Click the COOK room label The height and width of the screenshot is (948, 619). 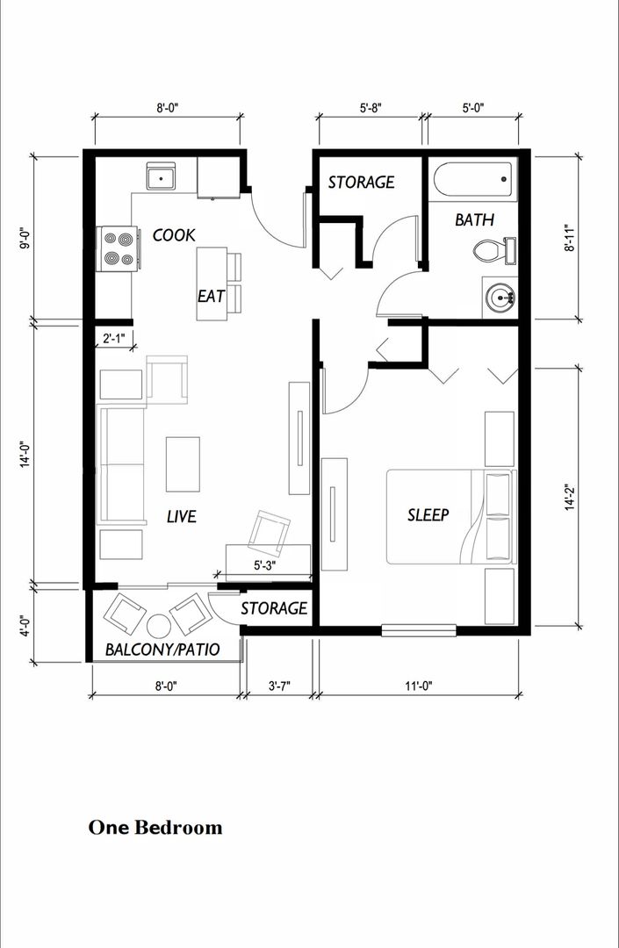174,235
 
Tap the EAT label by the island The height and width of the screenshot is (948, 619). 211,296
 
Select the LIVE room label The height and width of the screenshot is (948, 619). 181,516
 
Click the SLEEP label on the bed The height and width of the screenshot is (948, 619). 428,514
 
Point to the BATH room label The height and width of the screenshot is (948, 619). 474,219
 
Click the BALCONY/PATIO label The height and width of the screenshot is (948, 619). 162,650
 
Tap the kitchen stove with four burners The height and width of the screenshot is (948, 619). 117,247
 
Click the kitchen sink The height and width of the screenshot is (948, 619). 161,177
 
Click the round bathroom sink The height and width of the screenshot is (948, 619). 501,298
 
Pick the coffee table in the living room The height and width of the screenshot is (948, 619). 183,464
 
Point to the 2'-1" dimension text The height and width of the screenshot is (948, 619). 113,338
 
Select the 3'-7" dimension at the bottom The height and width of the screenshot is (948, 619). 278,686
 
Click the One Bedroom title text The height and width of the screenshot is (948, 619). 155,827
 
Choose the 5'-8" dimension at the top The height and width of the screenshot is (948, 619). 371,108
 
